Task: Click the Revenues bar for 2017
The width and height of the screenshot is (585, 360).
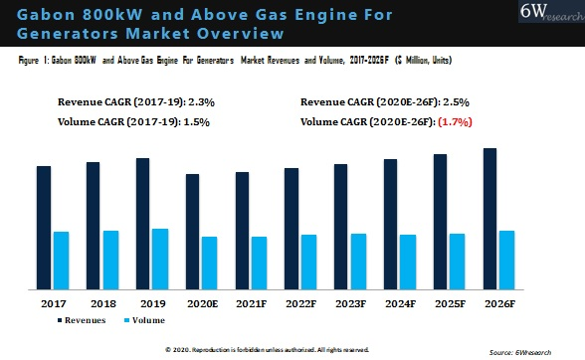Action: (x=44, y=228)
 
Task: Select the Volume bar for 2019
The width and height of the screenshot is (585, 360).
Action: (x=160, y=259)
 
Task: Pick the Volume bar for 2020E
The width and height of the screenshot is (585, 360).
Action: (x=210, y=263)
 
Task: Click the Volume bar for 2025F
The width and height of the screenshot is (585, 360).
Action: (x=458, y=262)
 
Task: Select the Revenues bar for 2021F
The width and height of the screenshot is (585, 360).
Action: (x=242, y=231)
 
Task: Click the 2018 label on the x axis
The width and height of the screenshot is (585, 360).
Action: (x=102, y=302)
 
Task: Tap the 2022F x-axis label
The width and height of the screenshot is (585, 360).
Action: (x=299, y=302)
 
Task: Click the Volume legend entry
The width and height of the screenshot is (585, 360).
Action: (x=143, y=320)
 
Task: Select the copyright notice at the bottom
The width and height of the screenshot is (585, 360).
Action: (x=267, y=349)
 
